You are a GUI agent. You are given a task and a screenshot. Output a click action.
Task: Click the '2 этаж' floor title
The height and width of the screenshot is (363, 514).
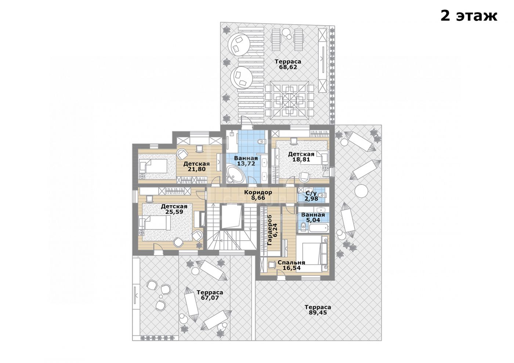(x=469, y=16)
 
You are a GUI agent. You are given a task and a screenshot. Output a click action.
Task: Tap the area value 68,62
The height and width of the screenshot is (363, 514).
(x=288, y=67)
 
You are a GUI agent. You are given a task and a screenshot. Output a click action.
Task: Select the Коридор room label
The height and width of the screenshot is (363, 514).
(x=258, y=192)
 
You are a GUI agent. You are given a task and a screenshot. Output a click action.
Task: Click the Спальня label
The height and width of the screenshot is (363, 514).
(x=292, y=262)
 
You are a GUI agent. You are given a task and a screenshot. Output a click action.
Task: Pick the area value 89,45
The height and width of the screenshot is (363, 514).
(x=318, y=313)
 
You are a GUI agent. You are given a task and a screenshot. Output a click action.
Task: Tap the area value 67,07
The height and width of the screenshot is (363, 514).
(x=210, y=298)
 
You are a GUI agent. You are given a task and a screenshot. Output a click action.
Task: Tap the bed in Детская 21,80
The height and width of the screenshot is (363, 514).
(x=153, y=166)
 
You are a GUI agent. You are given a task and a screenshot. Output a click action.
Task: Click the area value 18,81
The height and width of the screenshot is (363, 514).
(x=301, y=160)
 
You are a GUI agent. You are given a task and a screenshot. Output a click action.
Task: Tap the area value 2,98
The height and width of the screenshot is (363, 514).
(x=311, y=199)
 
